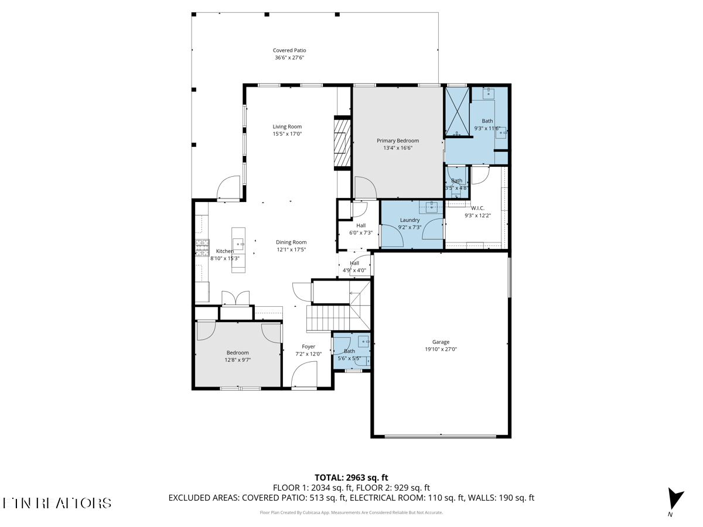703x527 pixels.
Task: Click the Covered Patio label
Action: point(289,51)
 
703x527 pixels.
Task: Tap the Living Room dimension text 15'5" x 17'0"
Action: point(287,134)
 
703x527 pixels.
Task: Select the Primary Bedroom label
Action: point(398,141)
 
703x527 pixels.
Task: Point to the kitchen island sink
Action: point(238,243)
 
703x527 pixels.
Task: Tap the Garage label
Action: point(441,342)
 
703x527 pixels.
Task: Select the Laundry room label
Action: point(409,220)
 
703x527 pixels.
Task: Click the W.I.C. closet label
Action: point(477,208)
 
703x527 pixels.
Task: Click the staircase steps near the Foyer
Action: point(328,319)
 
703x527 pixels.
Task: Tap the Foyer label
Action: point(308,347)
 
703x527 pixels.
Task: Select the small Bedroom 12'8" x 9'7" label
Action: point(238,353)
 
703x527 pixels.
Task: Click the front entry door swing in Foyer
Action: point(305,375)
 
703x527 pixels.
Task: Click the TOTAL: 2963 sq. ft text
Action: point(351,477)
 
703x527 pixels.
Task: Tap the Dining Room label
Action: point(291,242)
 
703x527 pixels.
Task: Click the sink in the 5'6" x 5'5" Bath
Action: point(364,341)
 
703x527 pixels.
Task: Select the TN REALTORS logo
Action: point(57,503)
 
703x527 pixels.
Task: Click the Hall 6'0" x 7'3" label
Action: point(360,225)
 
